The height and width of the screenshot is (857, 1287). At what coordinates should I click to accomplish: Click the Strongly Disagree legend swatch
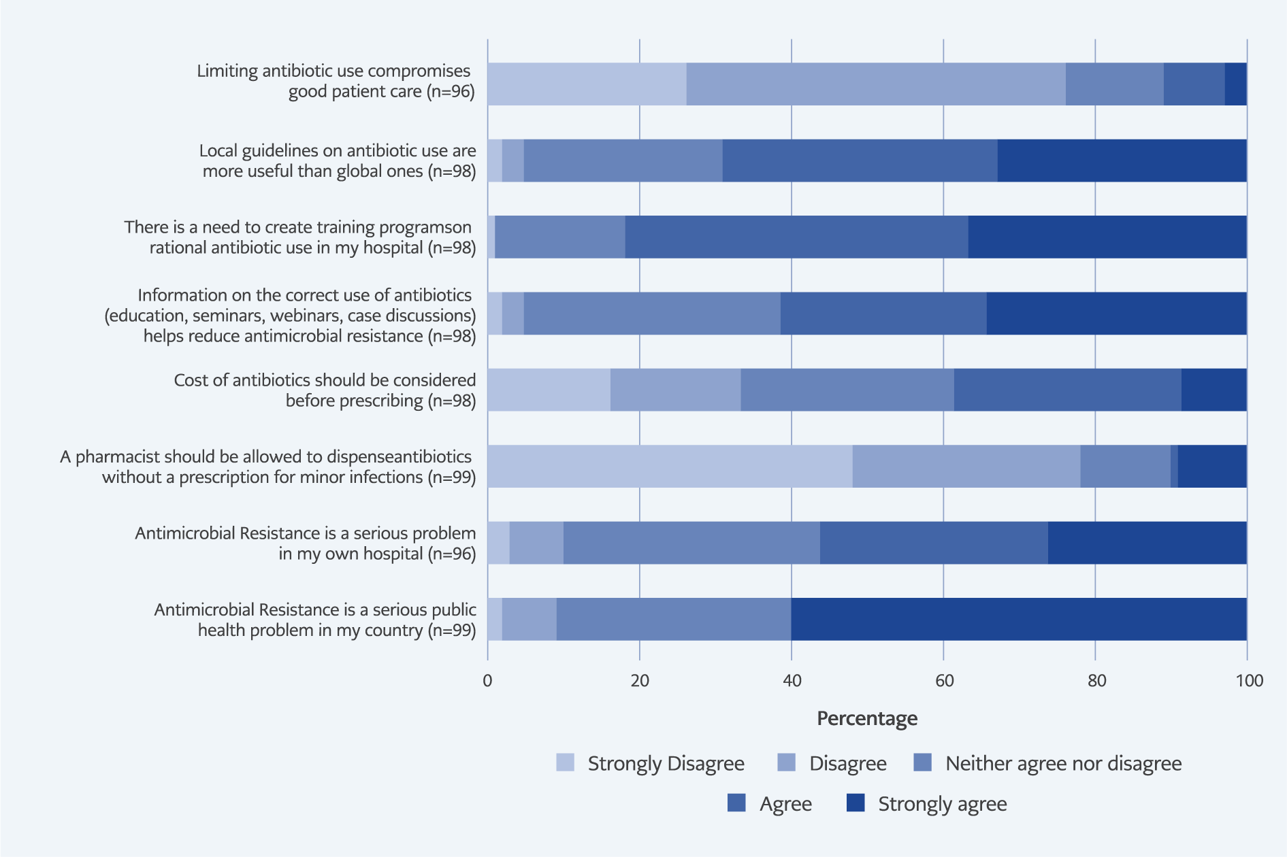565,762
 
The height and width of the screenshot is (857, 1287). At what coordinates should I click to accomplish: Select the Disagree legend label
847,763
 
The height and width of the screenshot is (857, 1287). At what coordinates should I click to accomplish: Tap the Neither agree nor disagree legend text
1063,763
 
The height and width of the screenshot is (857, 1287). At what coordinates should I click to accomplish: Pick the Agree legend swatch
736,803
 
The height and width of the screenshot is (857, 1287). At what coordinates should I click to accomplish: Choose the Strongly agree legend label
942,804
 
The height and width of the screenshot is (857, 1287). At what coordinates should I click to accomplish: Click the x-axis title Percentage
866,718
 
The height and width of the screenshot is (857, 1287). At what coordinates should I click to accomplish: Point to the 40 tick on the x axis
792,681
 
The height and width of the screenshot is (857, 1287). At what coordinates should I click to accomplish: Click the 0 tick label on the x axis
487,681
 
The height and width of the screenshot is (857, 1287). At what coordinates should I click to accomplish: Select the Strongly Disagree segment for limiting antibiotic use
587,84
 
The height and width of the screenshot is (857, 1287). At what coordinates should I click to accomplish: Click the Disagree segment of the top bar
876,84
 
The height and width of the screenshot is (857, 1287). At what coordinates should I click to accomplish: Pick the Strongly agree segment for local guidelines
1122,161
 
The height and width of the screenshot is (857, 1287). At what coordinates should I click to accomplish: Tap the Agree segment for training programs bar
796,237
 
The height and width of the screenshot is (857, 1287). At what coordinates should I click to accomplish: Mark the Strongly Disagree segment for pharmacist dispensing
670,467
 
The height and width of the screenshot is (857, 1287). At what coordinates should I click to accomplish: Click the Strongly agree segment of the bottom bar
1019,619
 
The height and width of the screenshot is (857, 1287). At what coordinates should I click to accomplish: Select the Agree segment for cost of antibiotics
1067,390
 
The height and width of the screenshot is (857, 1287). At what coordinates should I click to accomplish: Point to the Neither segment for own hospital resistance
691,543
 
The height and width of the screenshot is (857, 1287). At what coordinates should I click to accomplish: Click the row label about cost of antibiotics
325,390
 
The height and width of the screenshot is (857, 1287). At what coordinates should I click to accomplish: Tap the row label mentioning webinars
290,316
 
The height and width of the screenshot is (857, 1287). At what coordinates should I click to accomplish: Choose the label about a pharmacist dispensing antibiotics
268,467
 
